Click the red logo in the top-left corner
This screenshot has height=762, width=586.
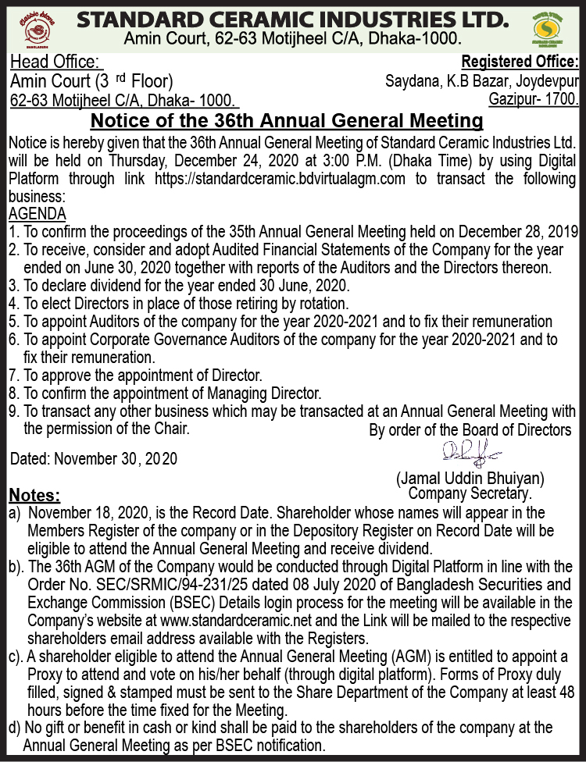[x=34, y=28]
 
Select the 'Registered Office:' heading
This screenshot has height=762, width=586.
[x=520, y=62]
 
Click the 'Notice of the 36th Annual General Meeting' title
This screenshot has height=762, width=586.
[x=287, y=121]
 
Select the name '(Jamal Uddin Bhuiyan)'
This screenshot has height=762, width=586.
[x=470, y=478]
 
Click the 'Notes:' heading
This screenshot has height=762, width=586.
[x=34, y=496]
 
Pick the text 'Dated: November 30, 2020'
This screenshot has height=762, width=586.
[x=94, y=459]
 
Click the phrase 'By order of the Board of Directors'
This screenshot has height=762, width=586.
[x=470, y=430]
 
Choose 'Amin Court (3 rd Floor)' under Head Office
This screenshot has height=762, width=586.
[x=91, y=81]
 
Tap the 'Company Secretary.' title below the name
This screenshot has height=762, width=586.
[x=470, y=493]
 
